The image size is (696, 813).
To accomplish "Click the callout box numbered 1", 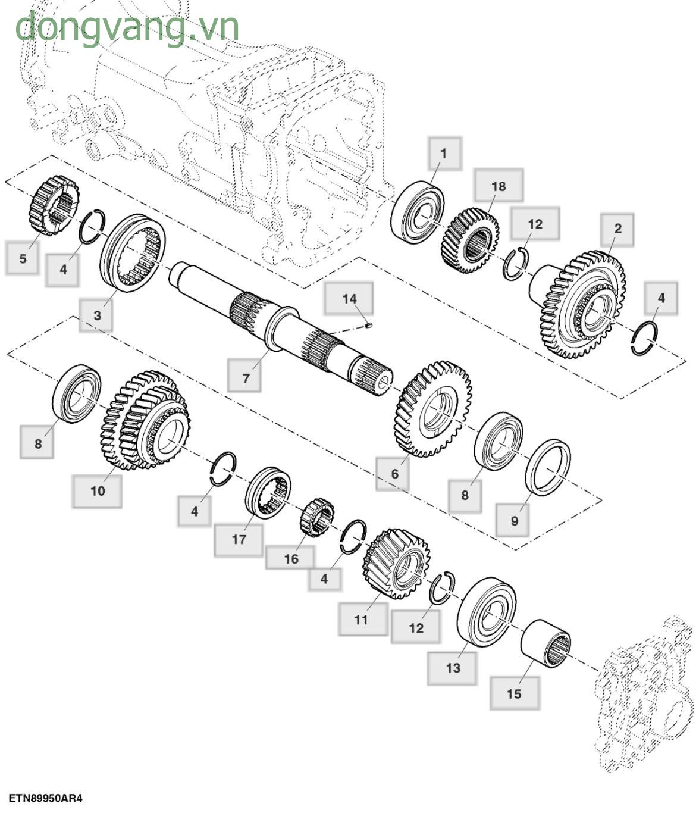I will tap(443, 154).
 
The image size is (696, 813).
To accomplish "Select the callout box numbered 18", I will tap(499, 186).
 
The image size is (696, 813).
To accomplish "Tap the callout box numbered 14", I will tap(349, 299).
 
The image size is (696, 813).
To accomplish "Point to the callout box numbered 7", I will tap(245, 377).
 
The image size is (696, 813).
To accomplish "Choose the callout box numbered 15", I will tap(514, 693).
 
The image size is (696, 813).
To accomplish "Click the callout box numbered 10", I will tap(97, 490).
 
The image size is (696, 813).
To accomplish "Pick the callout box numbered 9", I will tap(514, 520).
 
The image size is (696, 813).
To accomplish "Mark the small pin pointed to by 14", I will tap(368, 326).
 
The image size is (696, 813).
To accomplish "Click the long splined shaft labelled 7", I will tap(280, 327).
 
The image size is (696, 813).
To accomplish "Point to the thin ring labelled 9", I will tap(548, 467).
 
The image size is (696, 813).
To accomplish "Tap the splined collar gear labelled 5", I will tap(54, 205).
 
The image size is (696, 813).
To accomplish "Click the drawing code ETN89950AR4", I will tap(45, 798).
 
